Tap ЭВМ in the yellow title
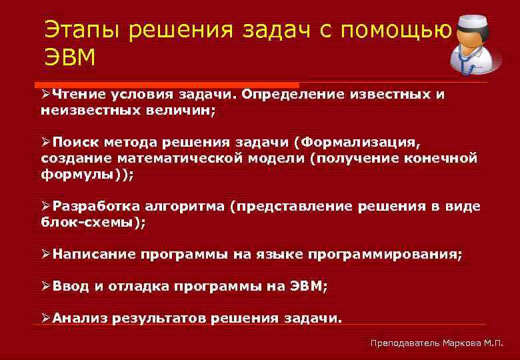[70, 58]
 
